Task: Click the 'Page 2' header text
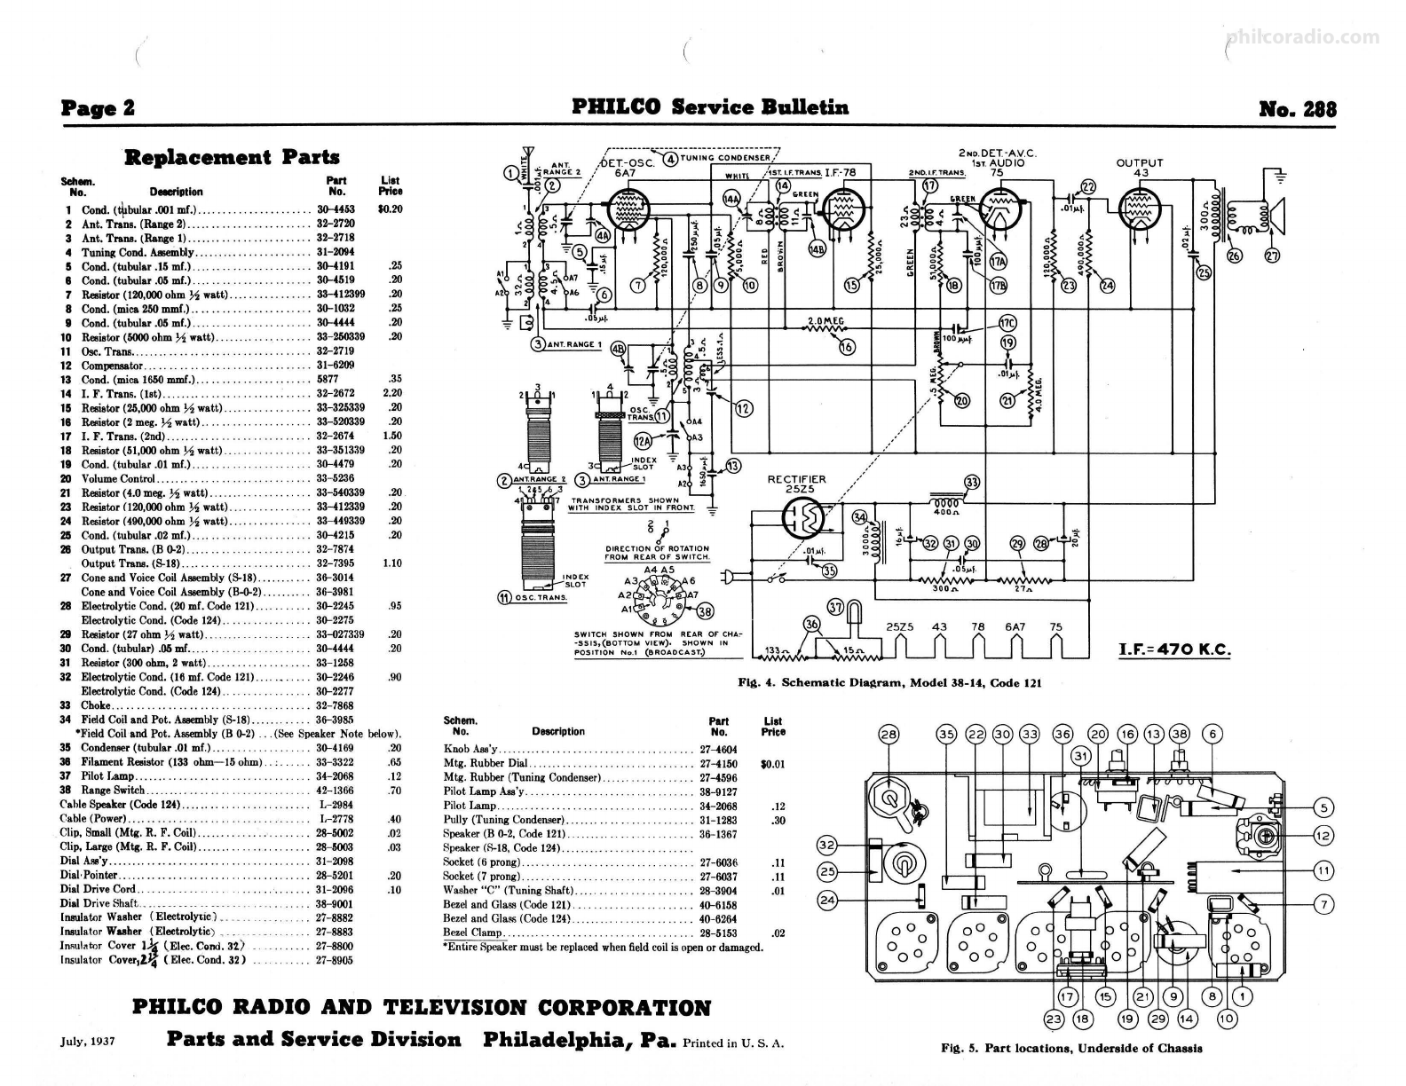pos(98,108)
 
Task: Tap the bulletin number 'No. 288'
pos(1297,108)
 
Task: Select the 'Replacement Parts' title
pos(232,158)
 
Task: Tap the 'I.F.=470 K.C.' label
pos(1175,649)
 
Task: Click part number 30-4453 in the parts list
pos(336,209)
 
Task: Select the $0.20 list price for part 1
pos(390,209)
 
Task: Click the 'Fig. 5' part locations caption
pos(1071,1048)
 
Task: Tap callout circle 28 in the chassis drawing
pos(888,734)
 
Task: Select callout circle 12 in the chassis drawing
pos(1323,835)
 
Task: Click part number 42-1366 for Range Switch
pos(336,790)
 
